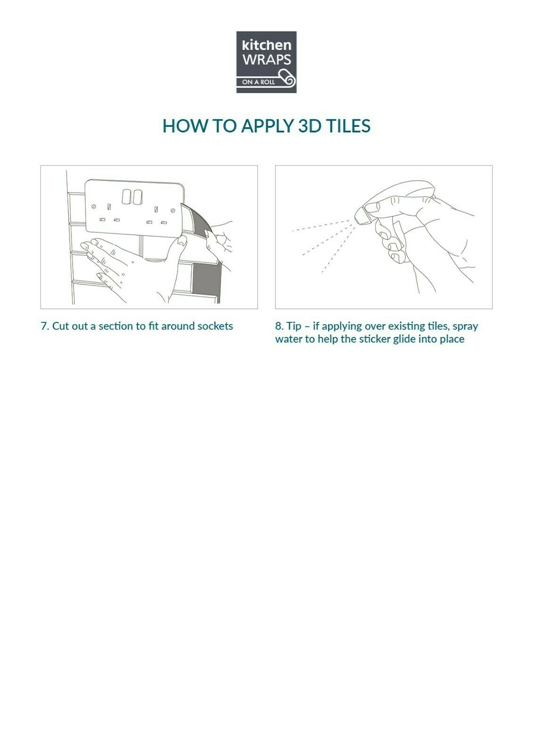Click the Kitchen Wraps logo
point(266,62)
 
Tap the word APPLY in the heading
point(268,126)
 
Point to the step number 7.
point(45,326)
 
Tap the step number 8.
point(279,326)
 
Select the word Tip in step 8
point(294,327)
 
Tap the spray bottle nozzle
point(362,215)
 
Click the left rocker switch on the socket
point(127,197)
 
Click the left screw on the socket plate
point(94,206)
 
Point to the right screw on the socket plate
point(173,211)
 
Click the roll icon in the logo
point(286,78)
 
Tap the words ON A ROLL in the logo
point(258,82)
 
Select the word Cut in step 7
point(61,326)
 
